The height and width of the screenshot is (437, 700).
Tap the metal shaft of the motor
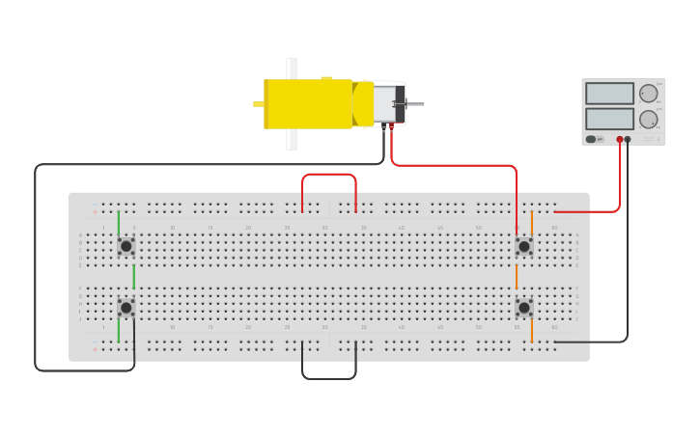(x=415, y=103)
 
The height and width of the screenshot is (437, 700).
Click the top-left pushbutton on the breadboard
(x=126, y=246)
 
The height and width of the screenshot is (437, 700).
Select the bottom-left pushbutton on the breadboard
(x=126, y=308)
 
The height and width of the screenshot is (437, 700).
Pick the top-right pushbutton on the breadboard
(x=523, y=246)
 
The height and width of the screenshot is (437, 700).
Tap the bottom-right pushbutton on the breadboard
(x=523, y=308)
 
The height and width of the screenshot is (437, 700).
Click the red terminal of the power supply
(x=620, y=140)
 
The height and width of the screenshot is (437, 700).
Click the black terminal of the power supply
(x=628, y=140)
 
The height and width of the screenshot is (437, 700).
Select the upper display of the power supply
(x=609, y=94)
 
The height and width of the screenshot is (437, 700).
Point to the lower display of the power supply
(x=609, y=118)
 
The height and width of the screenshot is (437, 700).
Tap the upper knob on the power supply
(x=648, y=94)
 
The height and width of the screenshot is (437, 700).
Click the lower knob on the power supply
(x=648, y=119)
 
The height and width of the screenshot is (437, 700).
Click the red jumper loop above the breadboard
(x=329, y=175)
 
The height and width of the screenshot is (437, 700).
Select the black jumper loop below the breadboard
(x=329, y=377)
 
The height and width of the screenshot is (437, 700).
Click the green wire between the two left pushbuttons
(x=133, y=277)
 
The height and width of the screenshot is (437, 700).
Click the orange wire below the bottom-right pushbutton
(x=531, y=331)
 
